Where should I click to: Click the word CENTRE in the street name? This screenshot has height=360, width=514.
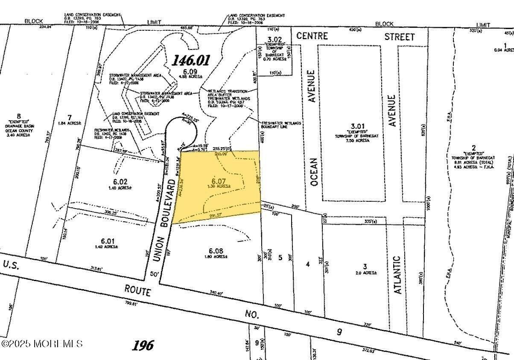312,35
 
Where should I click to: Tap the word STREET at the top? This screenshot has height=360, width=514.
399,37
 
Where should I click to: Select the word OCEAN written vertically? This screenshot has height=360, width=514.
314,172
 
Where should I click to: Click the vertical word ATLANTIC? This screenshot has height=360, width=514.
397,275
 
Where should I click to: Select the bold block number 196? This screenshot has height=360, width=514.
143,345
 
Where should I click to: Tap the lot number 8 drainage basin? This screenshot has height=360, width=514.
18,116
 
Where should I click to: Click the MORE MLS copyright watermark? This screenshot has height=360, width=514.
41,343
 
